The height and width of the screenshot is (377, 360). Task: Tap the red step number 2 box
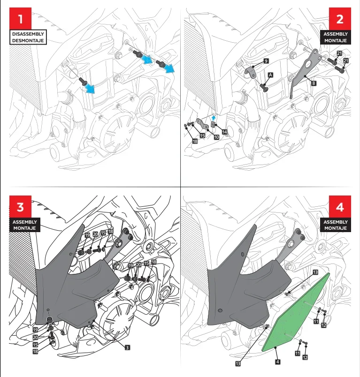coord(339,19)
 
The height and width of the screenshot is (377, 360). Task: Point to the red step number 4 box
coord(339,206)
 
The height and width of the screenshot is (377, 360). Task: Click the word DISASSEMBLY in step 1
coord(28,34)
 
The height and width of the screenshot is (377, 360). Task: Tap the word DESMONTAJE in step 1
coord(28,40)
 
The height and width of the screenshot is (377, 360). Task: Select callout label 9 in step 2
coord(266,61)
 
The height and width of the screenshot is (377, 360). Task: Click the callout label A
coord(270,75)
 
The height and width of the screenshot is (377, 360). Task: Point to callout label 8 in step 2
coord(314,83)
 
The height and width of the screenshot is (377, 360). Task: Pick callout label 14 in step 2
coord(224,132)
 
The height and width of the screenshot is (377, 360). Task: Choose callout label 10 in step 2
coord(216,137)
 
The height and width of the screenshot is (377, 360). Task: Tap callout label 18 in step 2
coord(195,141)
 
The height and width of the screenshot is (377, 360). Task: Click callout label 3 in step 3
coord(127,347)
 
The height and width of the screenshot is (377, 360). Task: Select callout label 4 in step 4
coord(278,362)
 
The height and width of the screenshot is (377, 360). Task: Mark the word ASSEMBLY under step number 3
coord(25,222)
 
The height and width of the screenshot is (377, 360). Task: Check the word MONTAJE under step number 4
coord(336,228)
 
